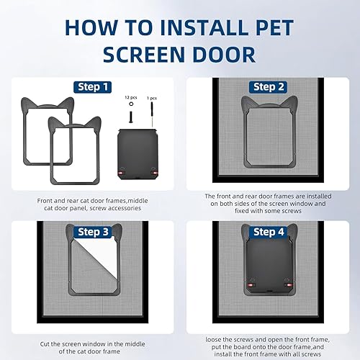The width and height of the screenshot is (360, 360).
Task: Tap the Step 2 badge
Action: (269, 87)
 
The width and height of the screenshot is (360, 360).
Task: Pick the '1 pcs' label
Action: (151, 96)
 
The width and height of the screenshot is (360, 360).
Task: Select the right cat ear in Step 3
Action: (109, 233)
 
